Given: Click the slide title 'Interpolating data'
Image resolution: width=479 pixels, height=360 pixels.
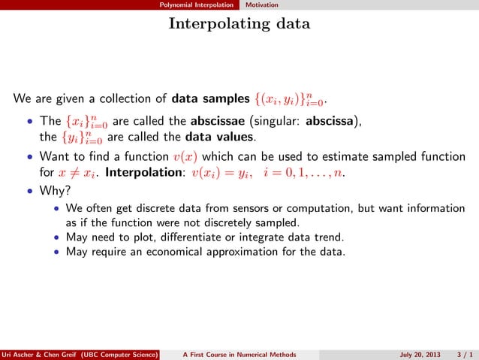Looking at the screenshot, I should point(239,24).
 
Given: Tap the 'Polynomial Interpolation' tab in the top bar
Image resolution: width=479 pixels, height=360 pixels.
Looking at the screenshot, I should point(198,5).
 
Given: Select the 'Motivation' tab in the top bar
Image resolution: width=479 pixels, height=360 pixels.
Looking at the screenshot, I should point(264,5).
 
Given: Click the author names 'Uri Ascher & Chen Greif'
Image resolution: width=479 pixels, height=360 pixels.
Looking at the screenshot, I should point(45,354).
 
